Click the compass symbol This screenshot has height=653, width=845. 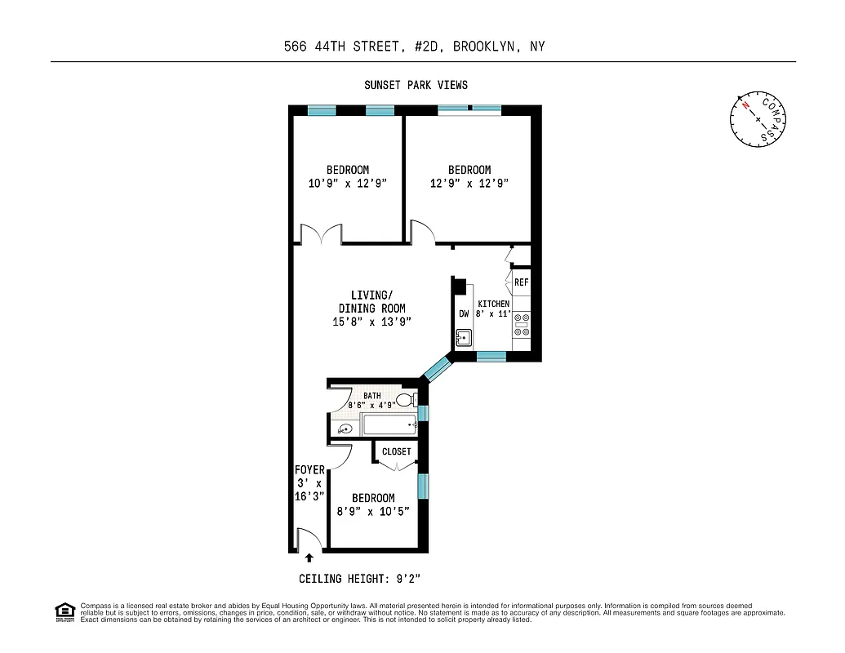[758, 121]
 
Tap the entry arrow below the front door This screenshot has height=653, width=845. [309, 559]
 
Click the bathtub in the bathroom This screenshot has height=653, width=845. [389, 424]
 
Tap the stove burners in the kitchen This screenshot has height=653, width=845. [521, 324]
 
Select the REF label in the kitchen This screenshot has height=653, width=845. [522, 282]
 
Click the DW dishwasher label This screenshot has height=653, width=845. [464, 313]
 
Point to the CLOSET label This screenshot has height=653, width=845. [397, 451]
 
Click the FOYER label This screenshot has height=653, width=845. [310, 470]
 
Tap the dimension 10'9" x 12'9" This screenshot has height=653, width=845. [347, 184]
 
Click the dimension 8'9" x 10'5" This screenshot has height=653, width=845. [373, 511]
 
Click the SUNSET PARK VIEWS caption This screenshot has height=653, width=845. [416, 85]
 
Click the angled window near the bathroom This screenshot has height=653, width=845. [437, 368]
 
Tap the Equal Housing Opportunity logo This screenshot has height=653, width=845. [64, 611]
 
